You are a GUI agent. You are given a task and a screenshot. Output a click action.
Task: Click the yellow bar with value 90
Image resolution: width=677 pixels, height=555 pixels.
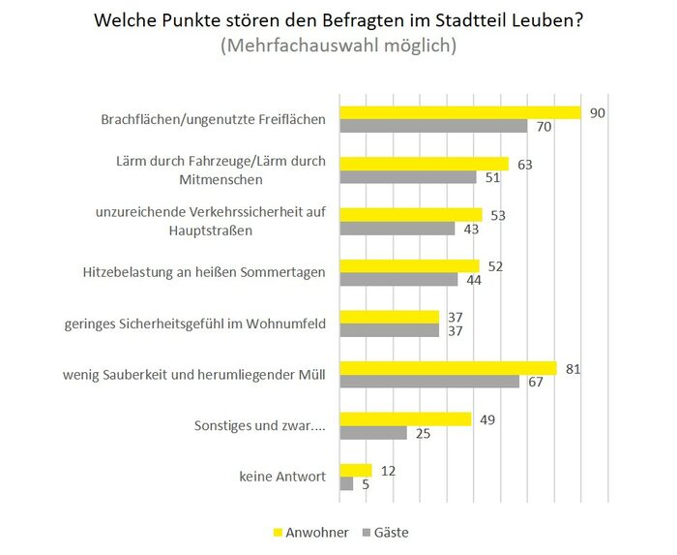click(459, 112)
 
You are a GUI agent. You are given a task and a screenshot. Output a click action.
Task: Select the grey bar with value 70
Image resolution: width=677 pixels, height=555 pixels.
click(432, 127)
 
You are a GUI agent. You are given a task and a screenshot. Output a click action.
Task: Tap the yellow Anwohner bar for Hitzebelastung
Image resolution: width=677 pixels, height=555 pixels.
click(408, 265)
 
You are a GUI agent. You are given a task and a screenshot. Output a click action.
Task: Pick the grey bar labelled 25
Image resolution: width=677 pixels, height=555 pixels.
click(372, 433)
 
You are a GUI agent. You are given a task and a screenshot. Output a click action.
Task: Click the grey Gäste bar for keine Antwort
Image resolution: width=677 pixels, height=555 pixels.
click(345, 484)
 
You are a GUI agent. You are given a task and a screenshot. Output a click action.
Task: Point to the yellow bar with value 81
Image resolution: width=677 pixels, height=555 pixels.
click(447, 368)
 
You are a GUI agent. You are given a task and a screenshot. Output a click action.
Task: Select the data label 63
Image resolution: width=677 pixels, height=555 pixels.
click(525, 164)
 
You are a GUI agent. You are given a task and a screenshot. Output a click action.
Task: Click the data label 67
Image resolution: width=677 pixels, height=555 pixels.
click(536, 382)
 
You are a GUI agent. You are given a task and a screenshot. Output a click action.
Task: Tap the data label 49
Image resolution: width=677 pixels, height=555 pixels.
click(488, 418)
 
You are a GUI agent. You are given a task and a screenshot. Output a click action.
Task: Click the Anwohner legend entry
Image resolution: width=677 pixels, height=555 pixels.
click(312, 532)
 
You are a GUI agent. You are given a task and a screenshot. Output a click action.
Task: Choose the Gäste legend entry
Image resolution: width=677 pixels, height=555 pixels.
click(386, 532)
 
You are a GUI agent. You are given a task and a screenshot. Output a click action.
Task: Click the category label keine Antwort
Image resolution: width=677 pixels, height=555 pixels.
click(282, 477)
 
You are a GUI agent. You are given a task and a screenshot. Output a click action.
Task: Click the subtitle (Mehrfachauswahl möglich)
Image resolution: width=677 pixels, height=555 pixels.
click(338, 46)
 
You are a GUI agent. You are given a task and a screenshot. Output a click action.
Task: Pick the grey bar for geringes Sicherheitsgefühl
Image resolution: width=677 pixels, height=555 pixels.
click(389, 330)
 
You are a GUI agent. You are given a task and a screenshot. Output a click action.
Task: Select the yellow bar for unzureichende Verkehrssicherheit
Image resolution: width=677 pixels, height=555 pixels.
click(410, 214)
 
